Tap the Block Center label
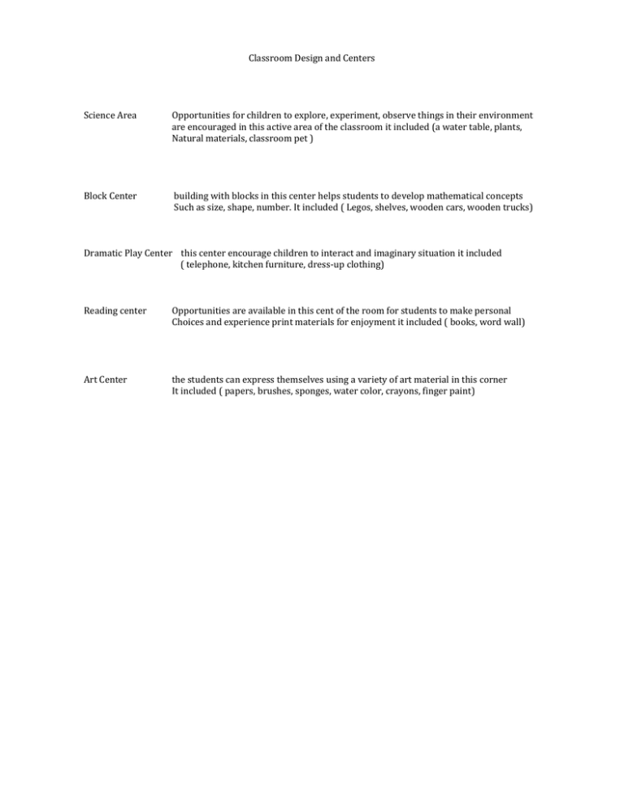click(x=110, y=196)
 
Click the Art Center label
click(x=106, y=379)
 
